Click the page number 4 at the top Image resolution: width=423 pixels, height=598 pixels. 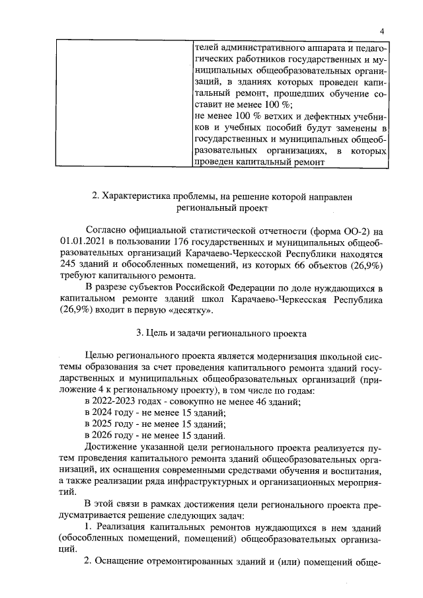(x=382, y=32)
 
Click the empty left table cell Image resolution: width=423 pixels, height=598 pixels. (x=124, y=103)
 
